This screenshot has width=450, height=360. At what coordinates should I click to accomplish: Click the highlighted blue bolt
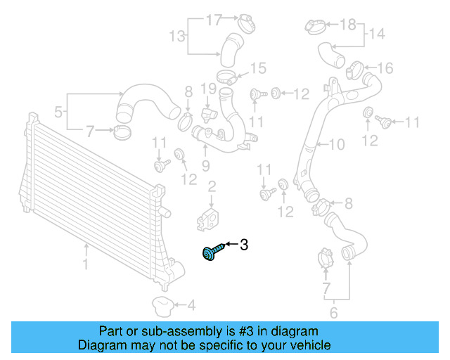(x=212, y=252)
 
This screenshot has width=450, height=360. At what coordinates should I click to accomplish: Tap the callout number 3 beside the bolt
(x=244, y=245)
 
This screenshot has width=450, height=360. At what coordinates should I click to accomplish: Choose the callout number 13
(x=176, y=35)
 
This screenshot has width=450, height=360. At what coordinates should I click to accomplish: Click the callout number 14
(x=376, y=33)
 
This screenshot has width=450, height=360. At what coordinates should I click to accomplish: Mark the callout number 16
(x=385, y=68)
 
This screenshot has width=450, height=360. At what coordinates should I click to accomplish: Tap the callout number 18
(x=348, y=25)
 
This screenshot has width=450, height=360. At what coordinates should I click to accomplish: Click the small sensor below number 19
(x=207, y=112)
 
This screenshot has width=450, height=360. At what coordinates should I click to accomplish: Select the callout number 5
(x=59, y=111)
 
